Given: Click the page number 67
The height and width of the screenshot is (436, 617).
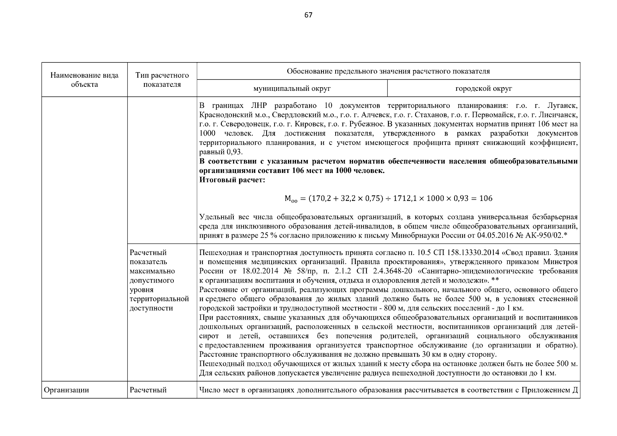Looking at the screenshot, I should [308, 15].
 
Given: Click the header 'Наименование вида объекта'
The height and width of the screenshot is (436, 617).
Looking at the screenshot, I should [84, 80].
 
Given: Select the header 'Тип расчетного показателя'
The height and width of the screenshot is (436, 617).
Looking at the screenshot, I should [162, 80].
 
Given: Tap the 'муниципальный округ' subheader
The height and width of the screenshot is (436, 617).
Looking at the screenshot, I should [292, 88].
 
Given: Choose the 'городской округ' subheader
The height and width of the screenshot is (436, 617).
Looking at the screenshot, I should [484, 88].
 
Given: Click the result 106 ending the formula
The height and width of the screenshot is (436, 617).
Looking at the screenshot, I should [486, 198].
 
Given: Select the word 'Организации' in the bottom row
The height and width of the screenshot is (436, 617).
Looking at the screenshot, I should [66, 390].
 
